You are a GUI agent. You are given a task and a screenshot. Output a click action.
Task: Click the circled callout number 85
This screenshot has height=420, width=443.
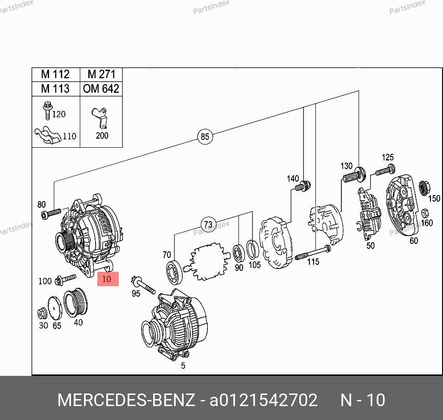[x=205, y=137]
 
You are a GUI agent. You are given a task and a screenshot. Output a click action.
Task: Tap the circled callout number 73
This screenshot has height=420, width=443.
[x=208, y=224]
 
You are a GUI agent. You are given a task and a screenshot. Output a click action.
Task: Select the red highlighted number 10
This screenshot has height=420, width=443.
[x=108, y=279]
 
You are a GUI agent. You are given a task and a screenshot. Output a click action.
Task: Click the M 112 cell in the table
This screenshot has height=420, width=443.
[x=56, y=75]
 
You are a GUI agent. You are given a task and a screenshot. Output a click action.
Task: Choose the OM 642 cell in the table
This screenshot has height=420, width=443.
[x=101, y=89]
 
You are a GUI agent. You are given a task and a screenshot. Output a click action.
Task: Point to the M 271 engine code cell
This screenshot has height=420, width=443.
[x=101, y=75]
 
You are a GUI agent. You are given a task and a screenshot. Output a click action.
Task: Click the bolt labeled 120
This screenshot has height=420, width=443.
[x=47, y=111]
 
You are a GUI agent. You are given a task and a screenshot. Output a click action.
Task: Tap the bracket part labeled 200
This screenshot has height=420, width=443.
[x=99, y=118]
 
